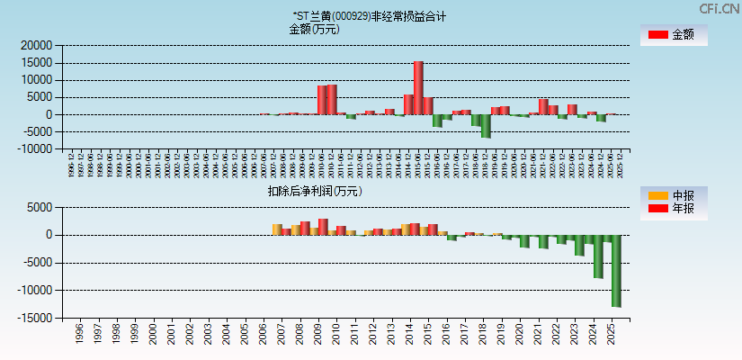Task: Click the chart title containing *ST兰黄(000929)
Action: (x=369, y=16)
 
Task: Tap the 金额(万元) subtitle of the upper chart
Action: (x=313, y=29)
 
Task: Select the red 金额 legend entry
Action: (x=673, y=35)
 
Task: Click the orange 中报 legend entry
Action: (x=673, y=195)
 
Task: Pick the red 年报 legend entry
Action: (x=673, y=210)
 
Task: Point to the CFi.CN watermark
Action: (x=719, y=9)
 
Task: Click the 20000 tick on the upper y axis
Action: (x=37, y=45)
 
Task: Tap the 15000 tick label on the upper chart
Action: (x=37, y=62)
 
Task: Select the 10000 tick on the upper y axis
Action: (x=37, y=80)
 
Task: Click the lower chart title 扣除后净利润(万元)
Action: (x=314, y=191)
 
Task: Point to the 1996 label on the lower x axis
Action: (x=79, y=334)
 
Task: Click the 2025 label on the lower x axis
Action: (x=612, y=334)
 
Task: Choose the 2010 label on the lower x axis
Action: (x=336, y=334)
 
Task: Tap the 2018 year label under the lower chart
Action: (x=483, y=334)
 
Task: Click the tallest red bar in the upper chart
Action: (x=418, y=87)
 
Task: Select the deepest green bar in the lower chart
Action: (x=616, y=270)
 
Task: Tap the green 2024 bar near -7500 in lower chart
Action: (x=598, y=256)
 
